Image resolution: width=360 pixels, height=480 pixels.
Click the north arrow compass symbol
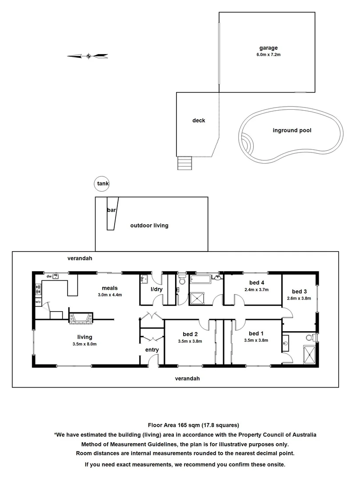tap(88, 56)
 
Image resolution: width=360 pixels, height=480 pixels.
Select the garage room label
tap(268, 48)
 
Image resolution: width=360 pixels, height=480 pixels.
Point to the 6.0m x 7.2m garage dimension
tap(268, 55)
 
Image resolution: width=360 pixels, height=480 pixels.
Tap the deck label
tap(199, 120)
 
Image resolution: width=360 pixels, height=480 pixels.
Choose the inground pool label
tap(292, 131)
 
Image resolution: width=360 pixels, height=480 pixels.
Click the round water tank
tap(102, 183)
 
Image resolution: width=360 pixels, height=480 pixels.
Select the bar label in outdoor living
tap(111, 210)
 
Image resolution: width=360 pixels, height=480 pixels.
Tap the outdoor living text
tap(149, 225)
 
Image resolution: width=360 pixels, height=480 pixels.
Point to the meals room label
tap(109, 288)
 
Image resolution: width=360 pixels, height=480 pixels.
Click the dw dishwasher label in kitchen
tap(49, 276)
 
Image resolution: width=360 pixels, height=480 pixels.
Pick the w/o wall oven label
tap(38, 302)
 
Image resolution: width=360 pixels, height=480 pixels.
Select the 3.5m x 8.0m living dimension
tap(84, 344)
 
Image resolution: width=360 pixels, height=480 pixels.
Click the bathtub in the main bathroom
tap(201, 280)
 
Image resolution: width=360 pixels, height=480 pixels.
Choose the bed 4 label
tap(256, 283)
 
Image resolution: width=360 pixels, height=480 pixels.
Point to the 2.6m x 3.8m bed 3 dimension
tap(299, 298)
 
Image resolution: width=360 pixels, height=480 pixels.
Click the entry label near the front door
tap(152, 350)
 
